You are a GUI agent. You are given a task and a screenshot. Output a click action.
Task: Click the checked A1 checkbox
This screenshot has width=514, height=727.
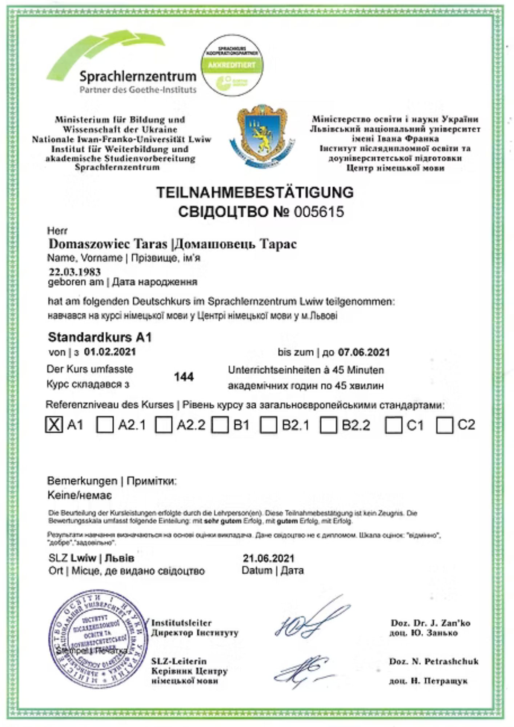pyautogui.click(x=54, y=424)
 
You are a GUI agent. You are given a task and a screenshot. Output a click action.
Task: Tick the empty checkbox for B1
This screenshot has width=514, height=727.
pyautogui.click(x=220, y=425)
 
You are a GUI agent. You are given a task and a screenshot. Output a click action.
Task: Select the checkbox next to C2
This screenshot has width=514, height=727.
pyautogui.click(x=445, y=425)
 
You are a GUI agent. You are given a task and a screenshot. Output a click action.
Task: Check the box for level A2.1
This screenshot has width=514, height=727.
pyautogui.click(x=105, y=425)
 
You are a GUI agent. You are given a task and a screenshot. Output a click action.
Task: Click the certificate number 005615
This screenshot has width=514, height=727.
pyautogui.click(x=319, y=212)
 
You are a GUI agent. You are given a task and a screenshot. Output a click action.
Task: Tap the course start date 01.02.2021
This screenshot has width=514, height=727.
pyautogui.click(x=110, y=352)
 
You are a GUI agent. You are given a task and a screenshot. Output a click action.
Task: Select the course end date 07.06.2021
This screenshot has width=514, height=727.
pyautogui.click(x=364, y=352)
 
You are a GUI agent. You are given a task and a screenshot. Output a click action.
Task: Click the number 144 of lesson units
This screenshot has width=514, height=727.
pyautogui.click(x=184, y=377)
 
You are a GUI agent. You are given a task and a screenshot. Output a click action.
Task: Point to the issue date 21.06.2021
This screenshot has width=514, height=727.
pyautogui.click(x=269, y=558)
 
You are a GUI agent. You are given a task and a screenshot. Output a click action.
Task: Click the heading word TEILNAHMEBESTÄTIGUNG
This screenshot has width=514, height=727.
pyautogui.click(x=255, y=192)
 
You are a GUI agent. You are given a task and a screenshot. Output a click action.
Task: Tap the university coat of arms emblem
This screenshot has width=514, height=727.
pyautogui.click(x=262, y=136)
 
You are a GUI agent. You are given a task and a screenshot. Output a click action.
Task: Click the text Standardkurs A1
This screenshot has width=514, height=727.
pyautogui.click(x=100, y=337)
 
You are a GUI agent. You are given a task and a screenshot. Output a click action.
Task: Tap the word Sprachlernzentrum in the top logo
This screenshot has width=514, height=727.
pyautogui.click(x=138, y=77)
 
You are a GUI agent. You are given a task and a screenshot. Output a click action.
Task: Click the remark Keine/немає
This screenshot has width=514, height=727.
pyautogui.click(x=79, y=495)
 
